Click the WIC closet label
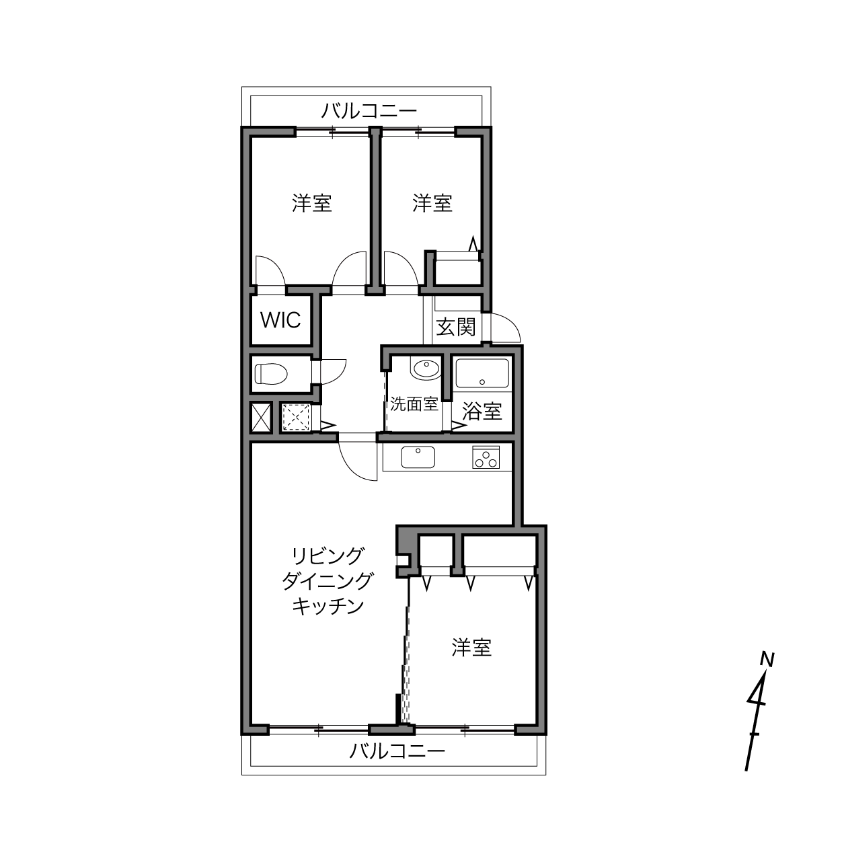click(280, 320)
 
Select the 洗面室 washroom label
click(414, 404)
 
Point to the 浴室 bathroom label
click(482, 411)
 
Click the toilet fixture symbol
click(271, 374)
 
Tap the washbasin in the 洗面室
click(425, 369)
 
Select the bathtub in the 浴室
click(482, 373)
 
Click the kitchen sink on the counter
click(418, 457)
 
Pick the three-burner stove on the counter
click(486, 457)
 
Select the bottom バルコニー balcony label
click(397, 751)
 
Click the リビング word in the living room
click(328, 556)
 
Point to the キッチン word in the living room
click(328, 606)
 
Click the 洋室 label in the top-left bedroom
click(312, 203)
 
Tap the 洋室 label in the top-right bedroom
click(432, 203)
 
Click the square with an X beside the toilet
click(262, 418)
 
